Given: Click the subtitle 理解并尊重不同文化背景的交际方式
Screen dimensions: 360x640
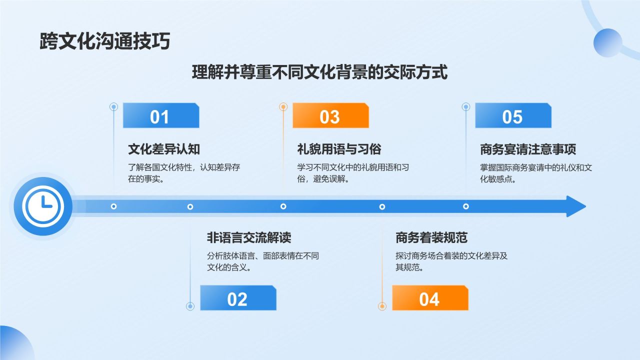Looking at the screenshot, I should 319,73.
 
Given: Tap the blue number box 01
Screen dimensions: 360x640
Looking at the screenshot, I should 160,116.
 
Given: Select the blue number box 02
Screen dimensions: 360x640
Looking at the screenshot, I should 238,298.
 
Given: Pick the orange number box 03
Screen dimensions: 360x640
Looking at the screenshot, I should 330,116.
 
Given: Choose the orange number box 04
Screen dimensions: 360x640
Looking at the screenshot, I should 429,298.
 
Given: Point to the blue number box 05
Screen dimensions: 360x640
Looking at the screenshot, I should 512,116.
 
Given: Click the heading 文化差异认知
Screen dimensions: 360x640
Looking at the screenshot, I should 164,149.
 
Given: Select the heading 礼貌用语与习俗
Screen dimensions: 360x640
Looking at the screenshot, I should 339,149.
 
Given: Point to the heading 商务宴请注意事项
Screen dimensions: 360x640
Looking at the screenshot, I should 528,149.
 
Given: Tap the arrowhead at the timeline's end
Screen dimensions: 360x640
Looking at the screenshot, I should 575,206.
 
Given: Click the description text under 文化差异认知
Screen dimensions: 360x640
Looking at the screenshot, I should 184,173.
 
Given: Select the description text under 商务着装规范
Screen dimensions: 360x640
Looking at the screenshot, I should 451,261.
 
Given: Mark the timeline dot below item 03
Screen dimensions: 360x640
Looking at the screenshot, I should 283,206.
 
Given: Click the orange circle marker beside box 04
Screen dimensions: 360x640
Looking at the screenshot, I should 382,306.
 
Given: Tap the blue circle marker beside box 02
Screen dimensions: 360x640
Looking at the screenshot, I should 190,306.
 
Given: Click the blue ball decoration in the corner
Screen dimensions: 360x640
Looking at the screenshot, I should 607,42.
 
